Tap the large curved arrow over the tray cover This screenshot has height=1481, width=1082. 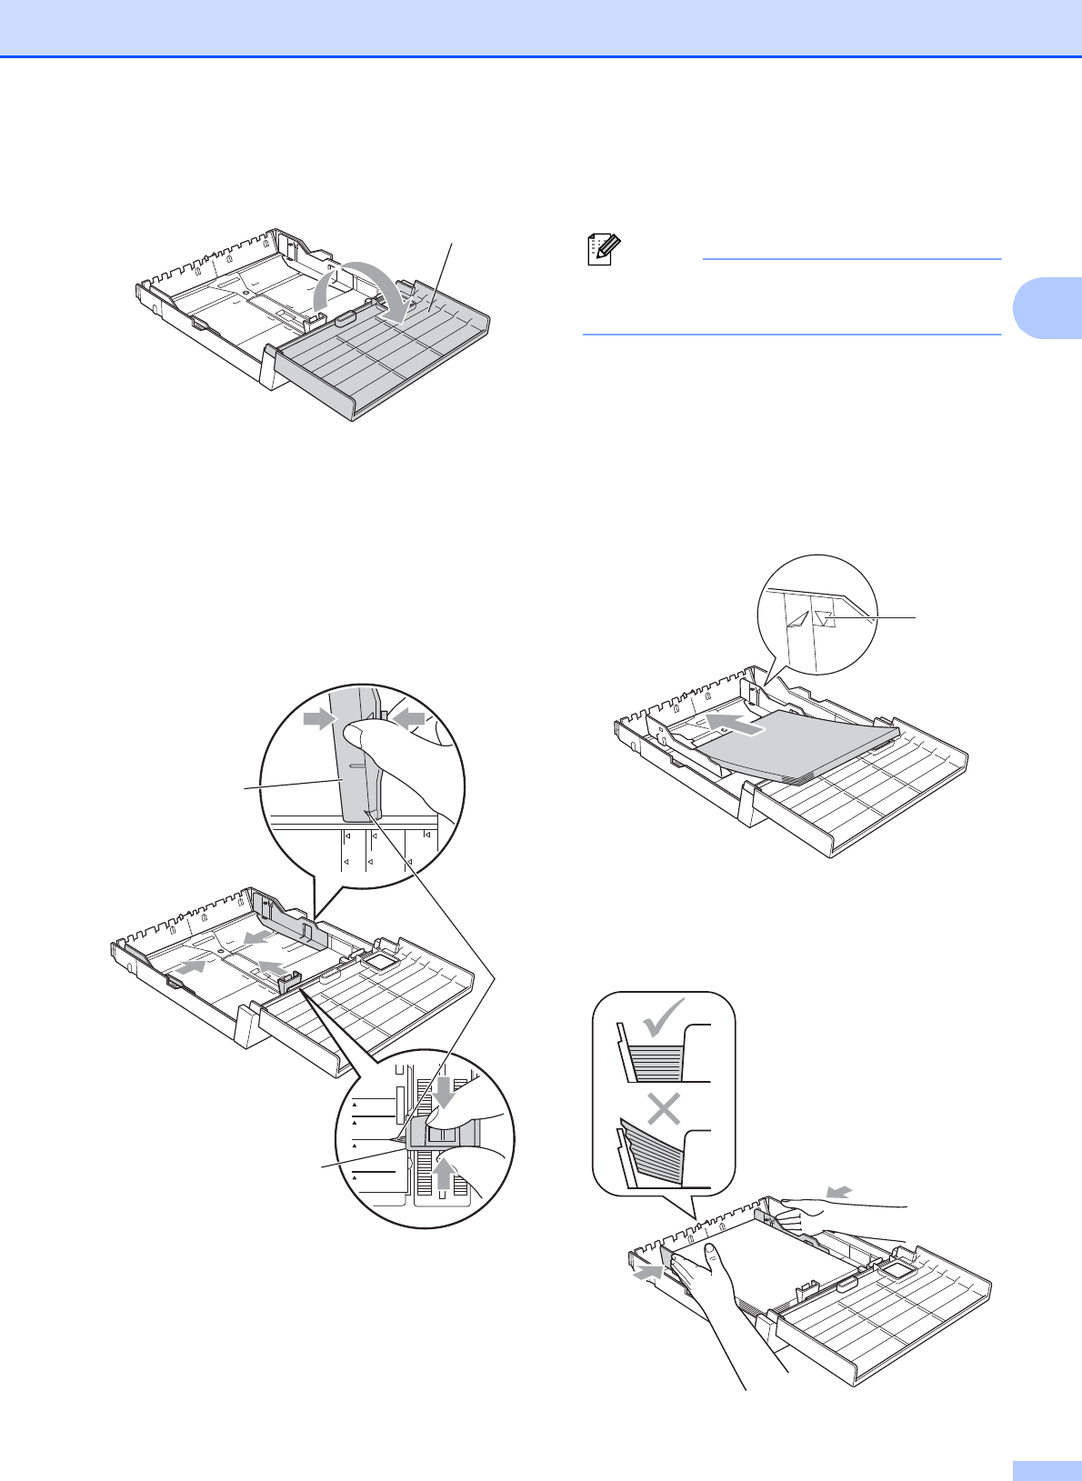[x=360, y=284]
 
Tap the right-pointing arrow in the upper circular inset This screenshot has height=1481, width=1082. [x=321, y=718]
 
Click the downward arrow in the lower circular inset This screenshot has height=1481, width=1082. [x=445, y=1092]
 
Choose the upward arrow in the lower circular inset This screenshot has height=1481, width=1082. [x=443, y=1174]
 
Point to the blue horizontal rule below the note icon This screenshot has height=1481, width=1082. [x=791, y=335]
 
